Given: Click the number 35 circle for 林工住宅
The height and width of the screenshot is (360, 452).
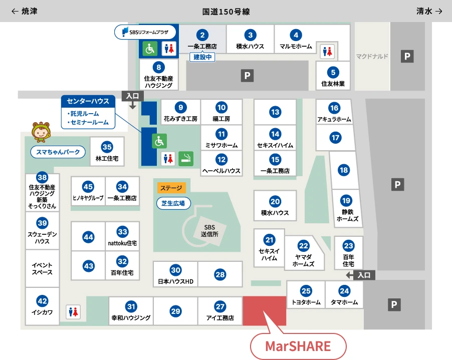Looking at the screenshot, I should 107,147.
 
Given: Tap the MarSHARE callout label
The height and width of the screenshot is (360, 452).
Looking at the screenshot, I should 298,346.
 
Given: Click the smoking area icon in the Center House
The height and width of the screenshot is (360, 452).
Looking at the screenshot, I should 186,158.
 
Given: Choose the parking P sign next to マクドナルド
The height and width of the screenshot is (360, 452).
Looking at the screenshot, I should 407,57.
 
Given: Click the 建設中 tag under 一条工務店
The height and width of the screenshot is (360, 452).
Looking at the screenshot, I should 203,57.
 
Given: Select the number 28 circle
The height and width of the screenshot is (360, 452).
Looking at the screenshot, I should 220,274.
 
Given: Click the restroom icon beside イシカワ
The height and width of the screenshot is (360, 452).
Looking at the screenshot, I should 73,312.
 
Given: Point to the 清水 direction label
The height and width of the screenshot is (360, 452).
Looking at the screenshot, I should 429,11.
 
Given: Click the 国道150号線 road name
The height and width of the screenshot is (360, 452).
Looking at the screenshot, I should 226,11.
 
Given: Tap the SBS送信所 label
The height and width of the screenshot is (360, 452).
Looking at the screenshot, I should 206,230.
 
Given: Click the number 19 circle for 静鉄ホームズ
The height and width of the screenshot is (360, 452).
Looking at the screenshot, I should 346,201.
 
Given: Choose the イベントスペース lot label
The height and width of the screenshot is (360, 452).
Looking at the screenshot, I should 42,268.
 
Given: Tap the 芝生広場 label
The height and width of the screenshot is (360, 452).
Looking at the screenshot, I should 173,203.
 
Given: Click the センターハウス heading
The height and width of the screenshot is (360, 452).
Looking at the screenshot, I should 88,101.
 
